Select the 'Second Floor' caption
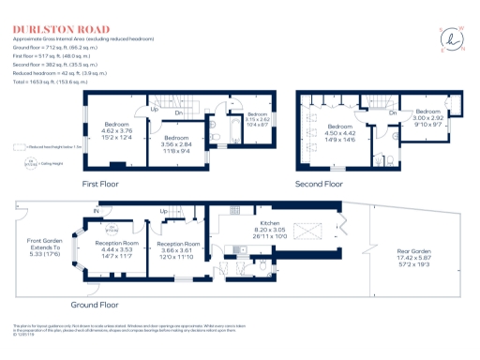click(321, 184)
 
